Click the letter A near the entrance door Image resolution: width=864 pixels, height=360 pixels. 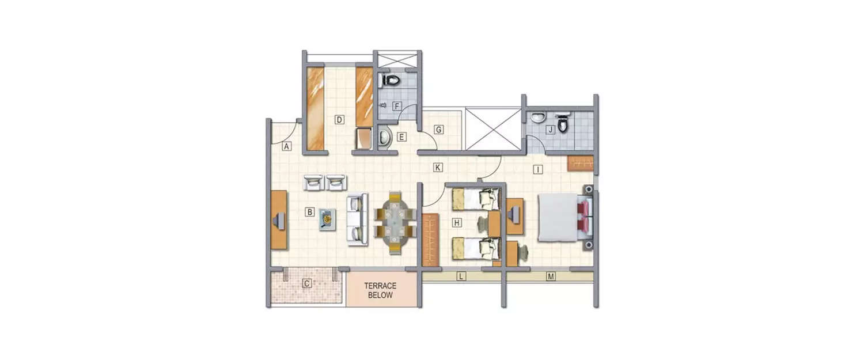(x=286, y=146)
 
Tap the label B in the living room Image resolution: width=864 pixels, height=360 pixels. (x=310, y=212)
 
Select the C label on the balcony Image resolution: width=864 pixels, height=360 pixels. (x=307, y=283)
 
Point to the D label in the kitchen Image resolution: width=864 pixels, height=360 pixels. (x=340, y=120)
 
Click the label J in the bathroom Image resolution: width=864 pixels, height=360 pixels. (x=550, y=130)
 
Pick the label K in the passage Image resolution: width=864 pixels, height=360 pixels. (x=438, y=168)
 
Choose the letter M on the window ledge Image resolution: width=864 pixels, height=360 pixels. (x=551, y=277)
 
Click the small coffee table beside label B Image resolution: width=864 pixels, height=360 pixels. (x=328, y=219)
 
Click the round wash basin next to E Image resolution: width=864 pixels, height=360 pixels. (x=385, y=137)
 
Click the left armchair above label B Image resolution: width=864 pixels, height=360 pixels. (x=313, y=182)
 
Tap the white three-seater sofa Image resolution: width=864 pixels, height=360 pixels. (x=357, y=219)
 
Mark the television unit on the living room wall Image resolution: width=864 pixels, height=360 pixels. (x=279, y=219)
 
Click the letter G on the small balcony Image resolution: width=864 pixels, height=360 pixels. (x=438, y=130)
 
